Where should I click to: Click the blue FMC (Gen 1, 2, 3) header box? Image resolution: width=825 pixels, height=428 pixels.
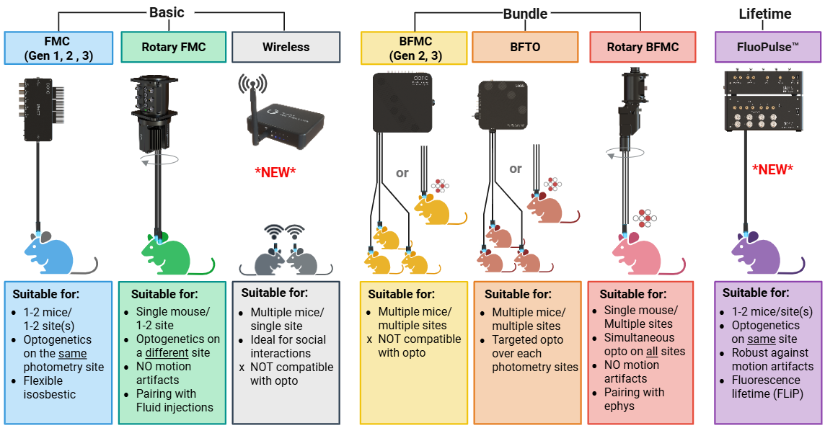tap(58, 48)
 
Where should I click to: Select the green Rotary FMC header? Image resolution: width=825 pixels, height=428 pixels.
tap(173, 48)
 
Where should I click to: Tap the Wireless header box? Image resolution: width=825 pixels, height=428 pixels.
tap(286, 48)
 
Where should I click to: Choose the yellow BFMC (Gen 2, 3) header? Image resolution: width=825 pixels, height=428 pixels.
tap(415, 48)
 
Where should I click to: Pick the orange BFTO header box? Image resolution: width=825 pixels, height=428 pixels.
tap(525, 48)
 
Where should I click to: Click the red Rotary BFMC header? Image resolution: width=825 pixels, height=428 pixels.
tap(643, 48)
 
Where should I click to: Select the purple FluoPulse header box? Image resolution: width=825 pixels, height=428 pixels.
tap(767, 48)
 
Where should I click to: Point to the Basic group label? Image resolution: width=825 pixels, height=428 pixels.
tap(166, 12)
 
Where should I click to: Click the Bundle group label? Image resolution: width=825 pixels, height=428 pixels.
tap(524, 14)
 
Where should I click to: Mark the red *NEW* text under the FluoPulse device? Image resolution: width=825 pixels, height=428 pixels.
tap(772, 169)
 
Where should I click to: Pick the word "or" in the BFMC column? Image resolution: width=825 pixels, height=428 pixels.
tap(402, 173)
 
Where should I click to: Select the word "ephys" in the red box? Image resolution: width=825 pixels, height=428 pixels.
tap(619, 406)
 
